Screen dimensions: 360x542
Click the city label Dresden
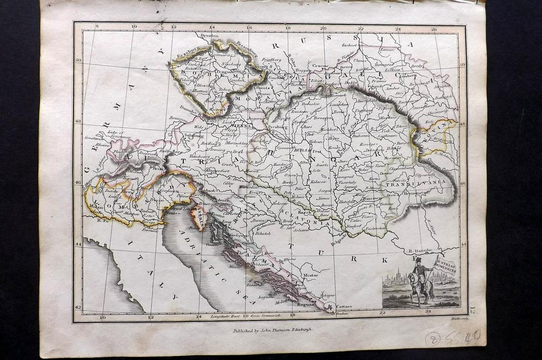tap(209, 36)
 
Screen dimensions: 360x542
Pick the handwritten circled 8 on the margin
tap(433, 339)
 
